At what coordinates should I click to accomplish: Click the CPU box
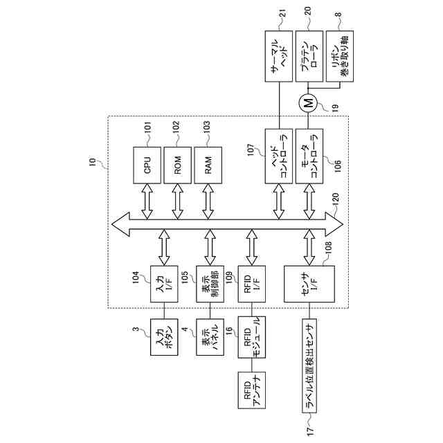click(x=147, y=166)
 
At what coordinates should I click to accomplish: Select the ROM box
click(x=178, y=166)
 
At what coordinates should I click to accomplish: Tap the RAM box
click(x=208, y=166)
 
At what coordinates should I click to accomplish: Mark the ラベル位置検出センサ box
click(x=309, y=366)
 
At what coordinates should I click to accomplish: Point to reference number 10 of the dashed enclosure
click(x=93, y=163)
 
